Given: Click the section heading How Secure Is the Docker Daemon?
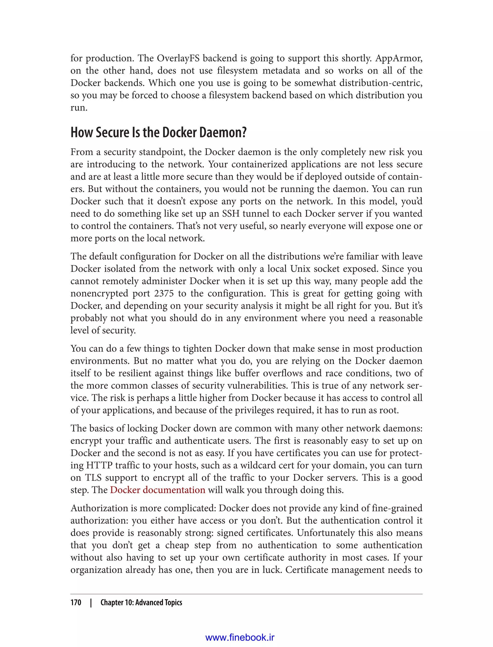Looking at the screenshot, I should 158,132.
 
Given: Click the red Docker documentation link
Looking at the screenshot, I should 158,490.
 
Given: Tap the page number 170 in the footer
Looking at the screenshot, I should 76,602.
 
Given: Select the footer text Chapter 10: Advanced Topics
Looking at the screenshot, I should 141,602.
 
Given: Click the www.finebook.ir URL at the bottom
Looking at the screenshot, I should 240,637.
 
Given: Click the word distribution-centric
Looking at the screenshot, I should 381,83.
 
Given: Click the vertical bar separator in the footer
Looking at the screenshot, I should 91,602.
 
